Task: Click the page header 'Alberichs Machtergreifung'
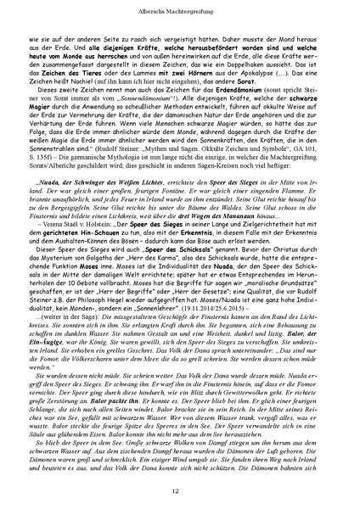point(180,8)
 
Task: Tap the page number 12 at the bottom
point(180,491)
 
